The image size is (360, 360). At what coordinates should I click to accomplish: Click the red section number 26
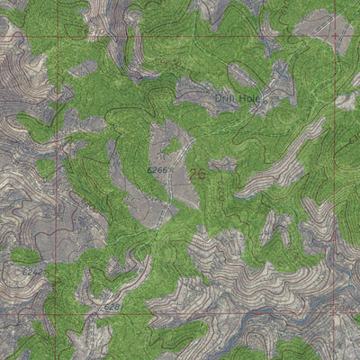(197, 175)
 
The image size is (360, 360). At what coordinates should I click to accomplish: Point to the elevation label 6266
(158, 168)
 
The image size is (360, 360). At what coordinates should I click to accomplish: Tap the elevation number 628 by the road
(111, 308)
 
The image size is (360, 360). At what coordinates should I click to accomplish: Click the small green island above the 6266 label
(172, 146)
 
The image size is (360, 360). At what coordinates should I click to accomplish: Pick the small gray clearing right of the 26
(222, 165)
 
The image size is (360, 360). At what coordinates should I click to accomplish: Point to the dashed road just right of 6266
(173, 175)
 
